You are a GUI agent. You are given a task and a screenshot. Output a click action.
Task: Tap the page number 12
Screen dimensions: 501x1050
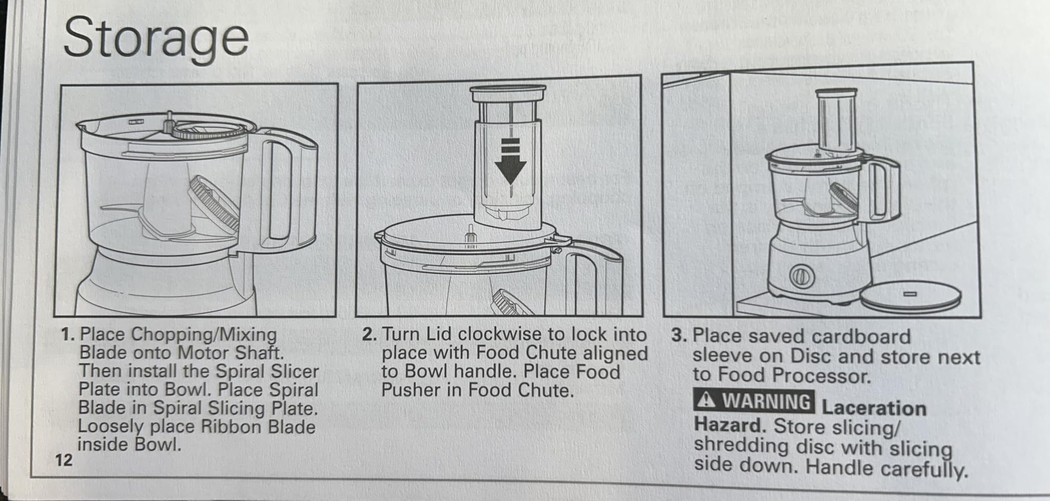tap(64, 460)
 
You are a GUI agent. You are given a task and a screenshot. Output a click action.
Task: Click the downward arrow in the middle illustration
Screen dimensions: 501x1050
tap(510, 162)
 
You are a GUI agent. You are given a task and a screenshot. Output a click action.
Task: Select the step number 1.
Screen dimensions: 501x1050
tap(68, 335)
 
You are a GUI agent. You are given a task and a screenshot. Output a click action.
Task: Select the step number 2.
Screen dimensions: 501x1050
tap(369, 335)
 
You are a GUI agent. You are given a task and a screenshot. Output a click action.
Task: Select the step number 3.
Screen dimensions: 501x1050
tap(679, 336)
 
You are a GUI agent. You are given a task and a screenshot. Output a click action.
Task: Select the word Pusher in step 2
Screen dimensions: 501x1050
tap(411, 390)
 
